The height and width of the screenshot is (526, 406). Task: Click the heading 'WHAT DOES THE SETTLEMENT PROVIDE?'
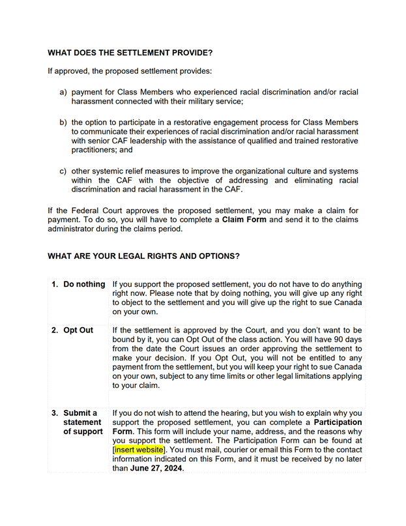tap(130, 53)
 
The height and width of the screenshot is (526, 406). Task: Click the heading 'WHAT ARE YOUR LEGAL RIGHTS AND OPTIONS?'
tap(143, 256)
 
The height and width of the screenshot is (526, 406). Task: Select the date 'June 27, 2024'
tap(157, 468)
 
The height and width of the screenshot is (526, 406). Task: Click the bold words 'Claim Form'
tap(244, 220)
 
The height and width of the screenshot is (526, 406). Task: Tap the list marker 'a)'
tap(64, 93)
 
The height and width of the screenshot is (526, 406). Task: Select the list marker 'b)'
tap(64, 123)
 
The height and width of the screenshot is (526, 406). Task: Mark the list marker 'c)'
tap(64, 171)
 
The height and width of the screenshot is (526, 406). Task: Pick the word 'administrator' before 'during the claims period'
tap(72, 229)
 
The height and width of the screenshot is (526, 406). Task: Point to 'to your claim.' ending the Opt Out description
tap(136, 385)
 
